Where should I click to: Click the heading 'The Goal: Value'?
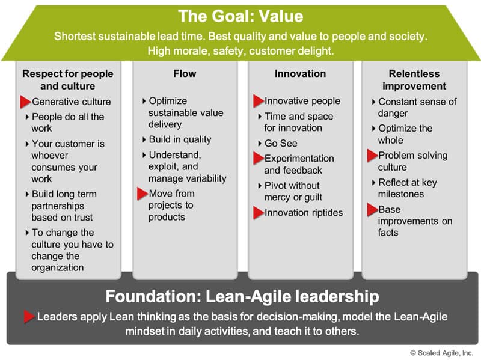point(240,16)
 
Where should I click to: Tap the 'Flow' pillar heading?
point(185,73)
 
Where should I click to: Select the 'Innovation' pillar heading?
point(300,73)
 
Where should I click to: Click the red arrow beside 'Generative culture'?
point(25,102)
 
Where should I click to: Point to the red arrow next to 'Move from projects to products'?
point(142,194)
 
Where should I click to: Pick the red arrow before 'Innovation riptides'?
point(259,213)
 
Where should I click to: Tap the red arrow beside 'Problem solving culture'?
point(372,156)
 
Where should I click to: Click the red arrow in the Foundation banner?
point(29,317)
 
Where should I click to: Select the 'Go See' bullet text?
point(281,143)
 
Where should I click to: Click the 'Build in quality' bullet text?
point(180,139)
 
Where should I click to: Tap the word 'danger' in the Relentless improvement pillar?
point(393,114)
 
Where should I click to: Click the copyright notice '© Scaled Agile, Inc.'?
point(441,353)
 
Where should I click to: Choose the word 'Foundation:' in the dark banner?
point(153,296)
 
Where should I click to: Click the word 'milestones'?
point(401,194)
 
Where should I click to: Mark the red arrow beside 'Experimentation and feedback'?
point(259,159)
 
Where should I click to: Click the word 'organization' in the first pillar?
point(57,267)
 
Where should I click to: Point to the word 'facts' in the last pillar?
point(388,233)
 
